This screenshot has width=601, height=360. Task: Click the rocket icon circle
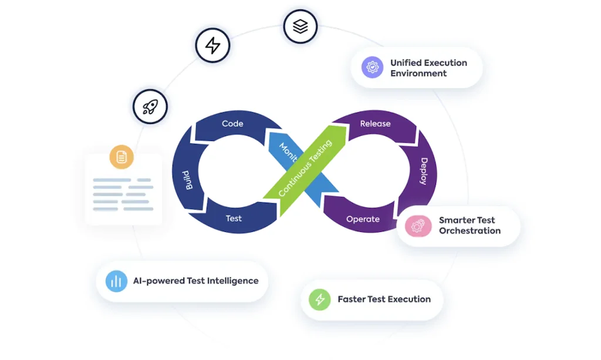point(150,106)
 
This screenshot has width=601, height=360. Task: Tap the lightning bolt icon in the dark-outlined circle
point(212,45)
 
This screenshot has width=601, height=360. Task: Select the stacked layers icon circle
point(300,26)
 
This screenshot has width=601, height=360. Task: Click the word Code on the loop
point(232,123)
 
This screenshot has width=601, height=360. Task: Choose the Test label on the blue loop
point(234,218)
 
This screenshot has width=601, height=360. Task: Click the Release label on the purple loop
point(375,123)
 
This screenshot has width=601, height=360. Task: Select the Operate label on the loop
point(363,219)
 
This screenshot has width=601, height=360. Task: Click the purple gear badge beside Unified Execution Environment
point(372,68)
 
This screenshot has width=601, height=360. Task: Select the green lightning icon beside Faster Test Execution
point(320,300)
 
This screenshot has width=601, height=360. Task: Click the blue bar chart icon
point(116,281)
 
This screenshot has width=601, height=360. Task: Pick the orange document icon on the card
point(121,157)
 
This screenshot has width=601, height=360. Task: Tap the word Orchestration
point(470,231)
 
